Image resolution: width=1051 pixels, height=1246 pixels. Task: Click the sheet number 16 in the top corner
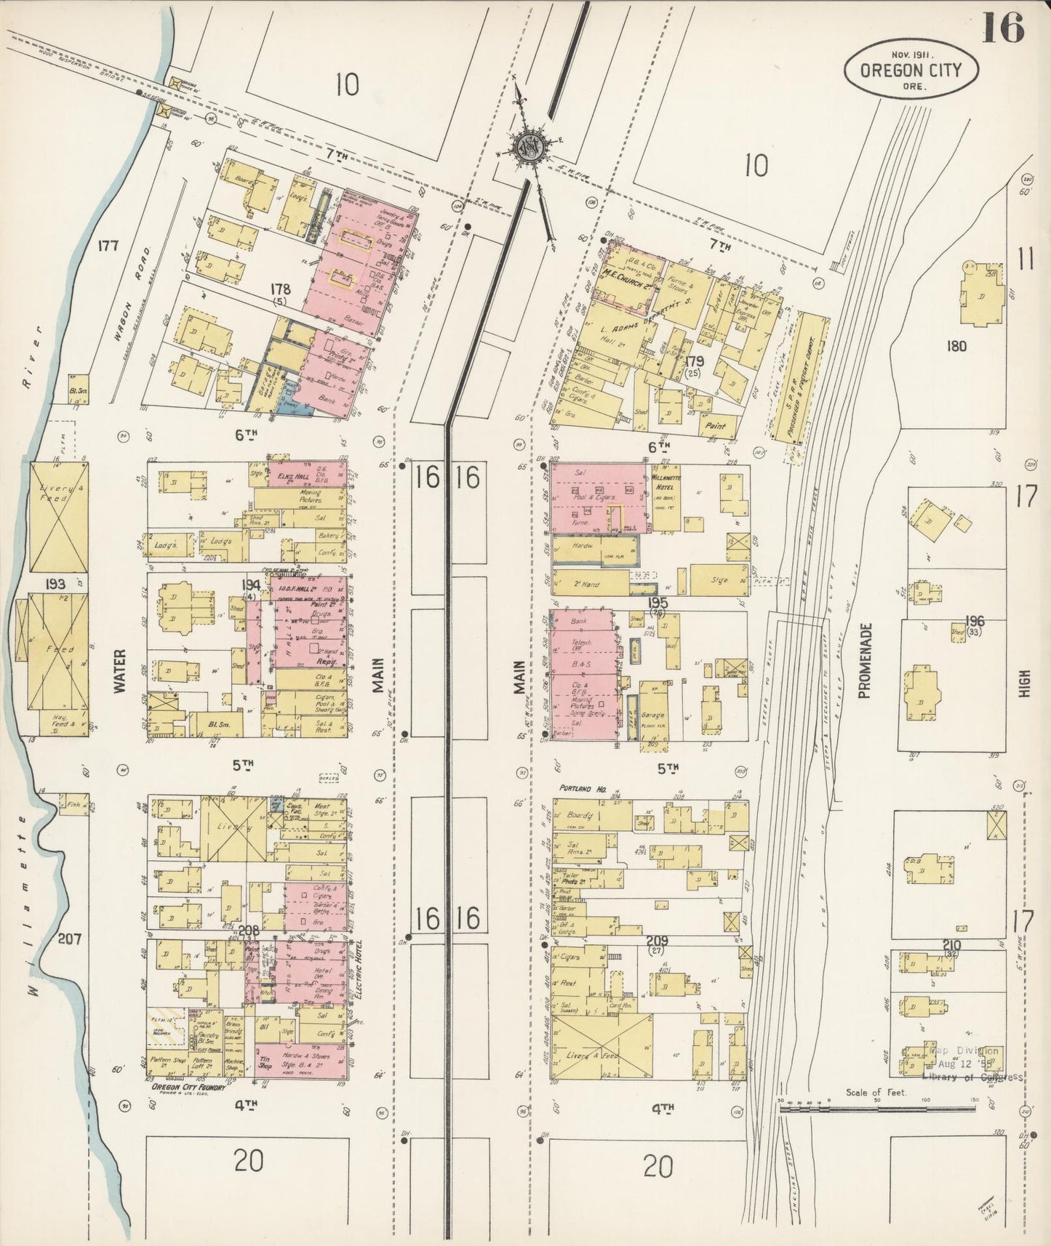coord(1004,28)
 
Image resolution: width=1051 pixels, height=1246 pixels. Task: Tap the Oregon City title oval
coord(911,70)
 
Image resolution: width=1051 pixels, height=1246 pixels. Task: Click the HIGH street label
coord(1025,683)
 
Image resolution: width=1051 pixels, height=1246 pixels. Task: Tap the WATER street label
coord(121,669)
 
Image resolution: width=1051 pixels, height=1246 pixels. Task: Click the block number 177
coord(108,246)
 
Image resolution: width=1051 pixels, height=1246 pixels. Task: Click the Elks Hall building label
coord(291,469)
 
